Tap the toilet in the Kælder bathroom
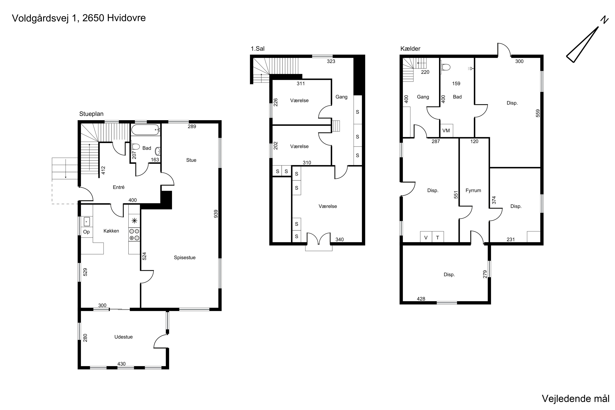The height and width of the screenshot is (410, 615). point(445,67)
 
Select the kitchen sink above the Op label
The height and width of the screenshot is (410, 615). point(87,221)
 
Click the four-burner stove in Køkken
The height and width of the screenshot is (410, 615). point(134,235)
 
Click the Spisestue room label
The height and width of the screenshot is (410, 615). point(185,257)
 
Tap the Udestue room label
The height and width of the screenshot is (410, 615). point(123,337)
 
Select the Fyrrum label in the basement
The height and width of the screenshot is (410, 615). point(473,191)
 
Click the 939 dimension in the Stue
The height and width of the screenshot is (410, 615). point(216,214)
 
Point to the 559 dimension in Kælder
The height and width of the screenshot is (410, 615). point(538,113)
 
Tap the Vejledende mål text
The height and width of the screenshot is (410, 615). point(575,399)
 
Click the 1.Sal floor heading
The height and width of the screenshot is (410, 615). point(257,49)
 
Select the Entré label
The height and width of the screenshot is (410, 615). point(119,187)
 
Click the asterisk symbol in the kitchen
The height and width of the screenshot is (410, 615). point(134,221)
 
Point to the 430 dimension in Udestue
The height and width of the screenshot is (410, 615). point(122,364)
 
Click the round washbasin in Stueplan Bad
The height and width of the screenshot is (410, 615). point(158,151)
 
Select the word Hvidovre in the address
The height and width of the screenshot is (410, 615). point(126,18)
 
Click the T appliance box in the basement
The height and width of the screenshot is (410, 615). point(438,237)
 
